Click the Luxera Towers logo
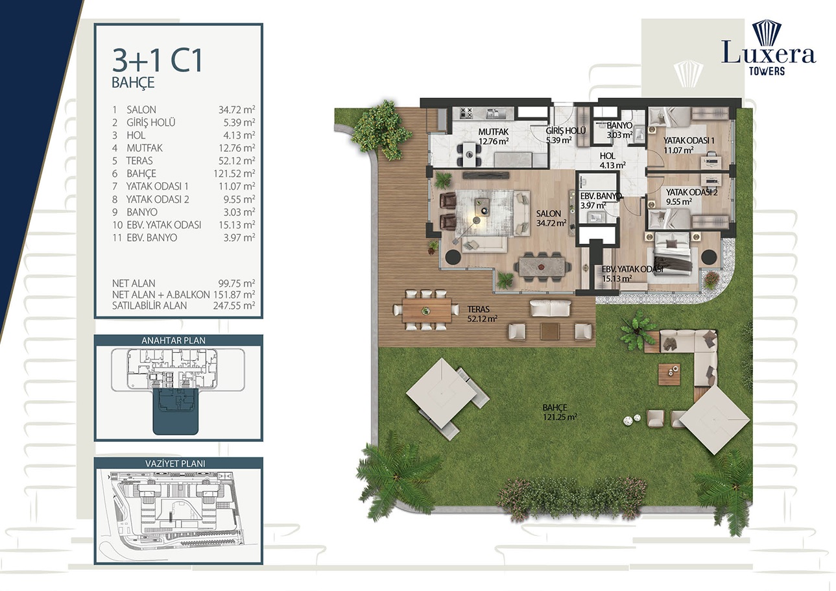point(768,49)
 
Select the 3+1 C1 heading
point(158,61)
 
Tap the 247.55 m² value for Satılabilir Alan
point(233,306)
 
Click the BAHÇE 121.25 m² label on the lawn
point(560,412)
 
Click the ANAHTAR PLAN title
point(178,341)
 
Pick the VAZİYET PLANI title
point(178,463)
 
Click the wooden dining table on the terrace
point(426,309)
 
